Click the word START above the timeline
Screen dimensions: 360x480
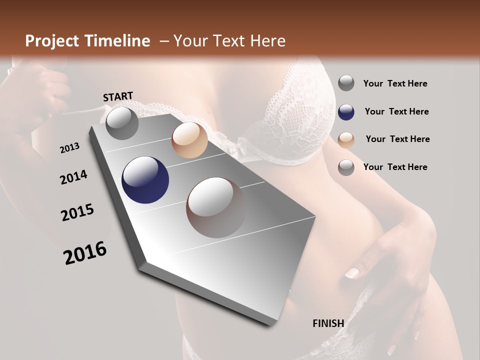click(x=118, y=96)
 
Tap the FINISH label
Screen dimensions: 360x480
click(x=328, y=323)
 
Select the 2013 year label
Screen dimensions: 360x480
click(x=69, y=148)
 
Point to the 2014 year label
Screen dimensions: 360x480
click(x=73, y=177)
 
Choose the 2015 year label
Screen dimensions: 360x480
click(x=77, y=213)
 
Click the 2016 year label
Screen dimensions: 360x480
click(x=85, y=253)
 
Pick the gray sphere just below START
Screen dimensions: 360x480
click(x=122, y=123)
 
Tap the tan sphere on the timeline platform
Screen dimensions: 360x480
click(x=189, y=140)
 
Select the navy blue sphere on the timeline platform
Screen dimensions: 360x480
click(x=145, y=180)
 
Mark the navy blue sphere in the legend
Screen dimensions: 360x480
click(x=346, y=112)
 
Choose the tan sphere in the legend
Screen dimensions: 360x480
click(x=346, y=140)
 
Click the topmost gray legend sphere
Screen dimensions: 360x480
click(x=346, y=83)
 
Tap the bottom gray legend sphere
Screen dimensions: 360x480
click(x=346, y=168)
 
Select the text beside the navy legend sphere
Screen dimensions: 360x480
click(x=396, y=111)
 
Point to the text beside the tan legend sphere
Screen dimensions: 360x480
click(x=397, y=139)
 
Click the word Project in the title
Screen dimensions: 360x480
click(x=52, y=41)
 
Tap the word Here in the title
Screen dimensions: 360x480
click(x=267, y=41)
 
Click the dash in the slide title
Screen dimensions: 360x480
click(x=164, y=41)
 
